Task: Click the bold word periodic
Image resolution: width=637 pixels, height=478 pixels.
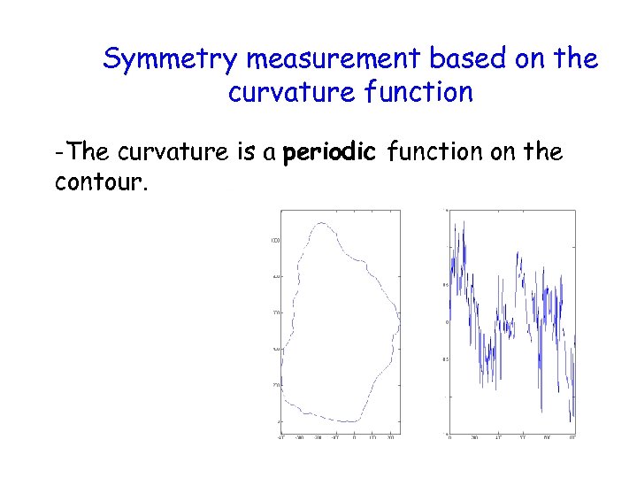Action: (x=329, y=153)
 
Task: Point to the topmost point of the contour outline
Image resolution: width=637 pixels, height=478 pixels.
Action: (x=322, y=222)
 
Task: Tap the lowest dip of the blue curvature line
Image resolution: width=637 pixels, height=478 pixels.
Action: (x=572, y=421)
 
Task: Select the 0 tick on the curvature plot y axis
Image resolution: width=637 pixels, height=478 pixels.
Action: (x=446, y=322)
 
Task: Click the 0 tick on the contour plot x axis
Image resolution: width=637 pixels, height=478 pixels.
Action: (x=354, y=437)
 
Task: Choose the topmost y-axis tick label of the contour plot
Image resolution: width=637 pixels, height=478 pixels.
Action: (x=275, y=241)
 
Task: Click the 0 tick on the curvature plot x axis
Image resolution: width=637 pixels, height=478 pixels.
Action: (x=449, y=437)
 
